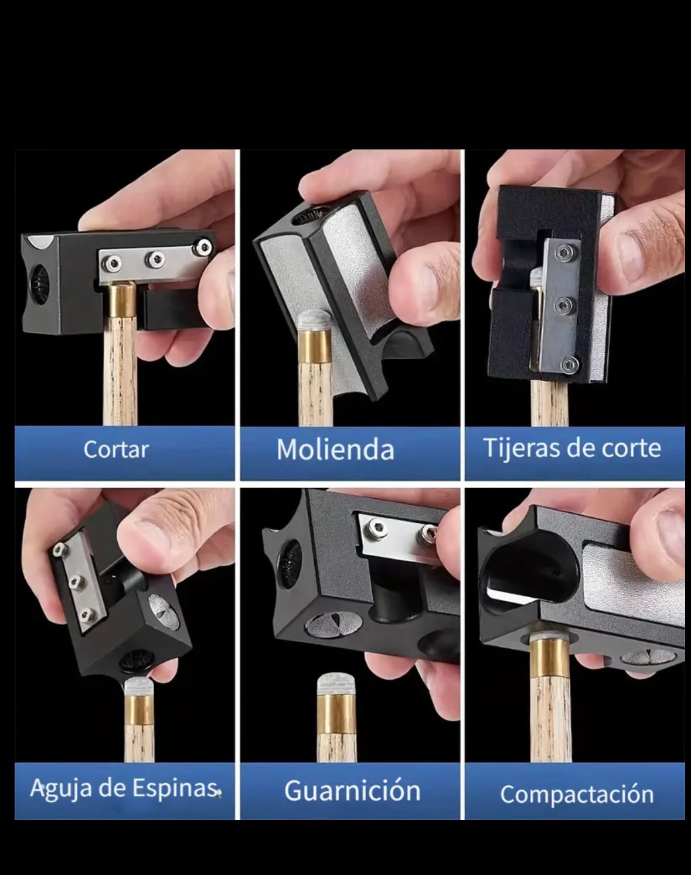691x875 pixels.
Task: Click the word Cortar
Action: click(116, 450)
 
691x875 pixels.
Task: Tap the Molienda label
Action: click(335, 450)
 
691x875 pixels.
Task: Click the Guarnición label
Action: click(352, 791)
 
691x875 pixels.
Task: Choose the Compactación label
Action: click(577, 794)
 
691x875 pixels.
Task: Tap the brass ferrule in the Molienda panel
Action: click(316, 347)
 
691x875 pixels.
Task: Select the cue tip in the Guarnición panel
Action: click(337, 685)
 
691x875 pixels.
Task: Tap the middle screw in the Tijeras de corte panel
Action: click(564, 305)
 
